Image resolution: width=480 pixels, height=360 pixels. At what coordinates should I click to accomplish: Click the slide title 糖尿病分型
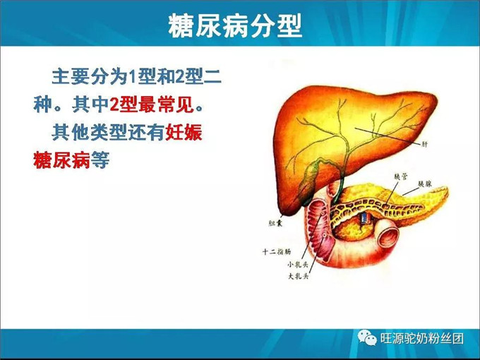click(235, 26)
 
